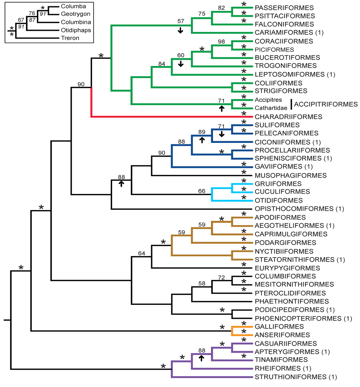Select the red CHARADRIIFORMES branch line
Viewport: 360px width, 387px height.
pos(169,116)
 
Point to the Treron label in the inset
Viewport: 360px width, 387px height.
pos(70,38)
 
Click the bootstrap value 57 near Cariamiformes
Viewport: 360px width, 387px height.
pos(180,21)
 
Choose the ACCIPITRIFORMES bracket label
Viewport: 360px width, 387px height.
pos(326,104)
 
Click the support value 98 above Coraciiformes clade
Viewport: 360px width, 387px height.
pos(221,41)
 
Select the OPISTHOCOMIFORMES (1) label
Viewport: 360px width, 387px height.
pos(297,209)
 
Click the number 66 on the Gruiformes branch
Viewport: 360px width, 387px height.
pos(201,191)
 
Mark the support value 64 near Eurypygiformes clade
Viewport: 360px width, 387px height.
pos(141,253)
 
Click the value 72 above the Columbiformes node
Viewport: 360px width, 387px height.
pos(221,277)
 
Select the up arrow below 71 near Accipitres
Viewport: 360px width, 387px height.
pos(221,109)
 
